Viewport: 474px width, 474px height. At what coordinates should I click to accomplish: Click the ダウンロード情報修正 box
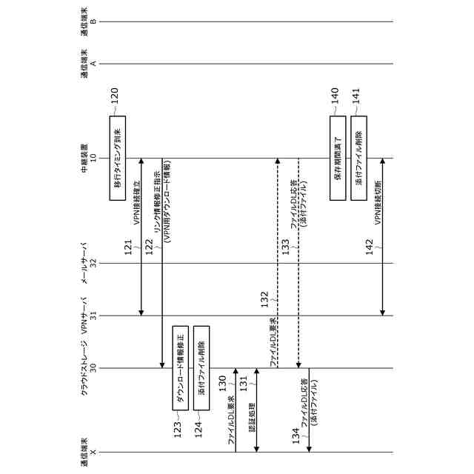point(180,367)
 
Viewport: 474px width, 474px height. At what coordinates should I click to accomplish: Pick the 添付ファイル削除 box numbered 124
point(201,367)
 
